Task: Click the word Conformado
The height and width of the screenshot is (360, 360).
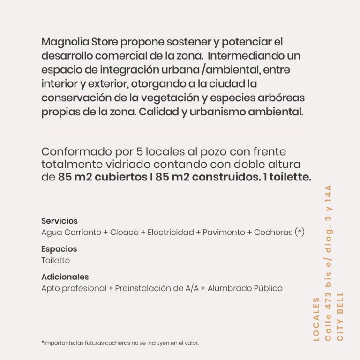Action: point(73,152)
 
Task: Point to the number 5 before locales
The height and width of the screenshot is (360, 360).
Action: point(139,152)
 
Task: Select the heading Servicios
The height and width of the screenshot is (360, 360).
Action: point(59,221)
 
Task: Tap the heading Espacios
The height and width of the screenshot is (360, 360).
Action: point(59,249)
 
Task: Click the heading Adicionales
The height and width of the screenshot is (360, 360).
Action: point(65,277)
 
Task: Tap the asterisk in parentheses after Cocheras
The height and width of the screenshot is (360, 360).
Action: point(300,232)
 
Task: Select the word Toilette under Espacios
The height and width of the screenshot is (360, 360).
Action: point(55,260)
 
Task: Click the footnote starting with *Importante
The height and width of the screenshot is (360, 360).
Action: point(120,343)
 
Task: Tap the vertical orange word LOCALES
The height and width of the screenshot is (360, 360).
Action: point(316,319)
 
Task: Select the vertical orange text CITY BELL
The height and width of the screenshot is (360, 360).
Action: point(340,316)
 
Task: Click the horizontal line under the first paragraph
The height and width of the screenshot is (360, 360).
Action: point(174,134)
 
